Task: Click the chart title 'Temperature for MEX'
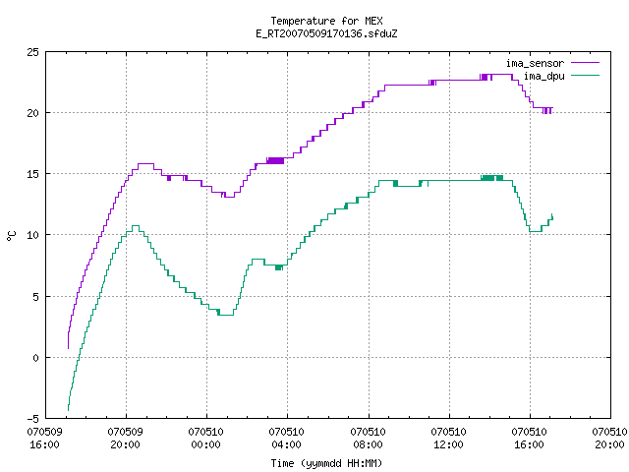tap(326, 21)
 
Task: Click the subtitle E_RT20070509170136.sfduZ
tap(326, 33)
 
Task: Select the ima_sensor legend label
tap(535, 63)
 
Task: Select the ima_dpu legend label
tap(543, 76)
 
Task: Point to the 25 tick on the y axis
tap(33, 52)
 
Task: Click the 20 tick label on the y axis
tap(33, 113)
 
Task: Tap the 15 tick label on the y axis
tap(33, 174)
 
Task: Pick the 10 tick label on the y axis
tap(33, 235)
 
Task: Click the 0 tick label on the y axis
tap(36, 357)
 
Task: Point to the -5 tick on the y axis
tap(32, 419)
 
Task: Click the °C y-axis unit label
tap(12, 236)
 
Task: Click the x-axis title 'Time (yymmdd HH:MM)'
tap(326, 463)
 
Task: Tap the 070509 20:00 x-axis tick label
tap(125, 439)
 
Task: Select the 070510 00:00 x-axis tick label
tap(205, 439)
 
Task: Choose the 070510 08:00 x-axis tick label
tap(368, 439)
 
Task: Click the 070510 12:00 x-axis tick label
tap(448, 439)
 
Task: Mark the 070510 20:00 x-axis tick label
tap(609, 439)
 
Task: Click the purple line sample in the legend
tap(586, 63)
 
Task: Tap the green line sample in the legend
tap(586, 76)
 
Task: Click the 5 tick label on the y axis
tap(36, 297)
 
